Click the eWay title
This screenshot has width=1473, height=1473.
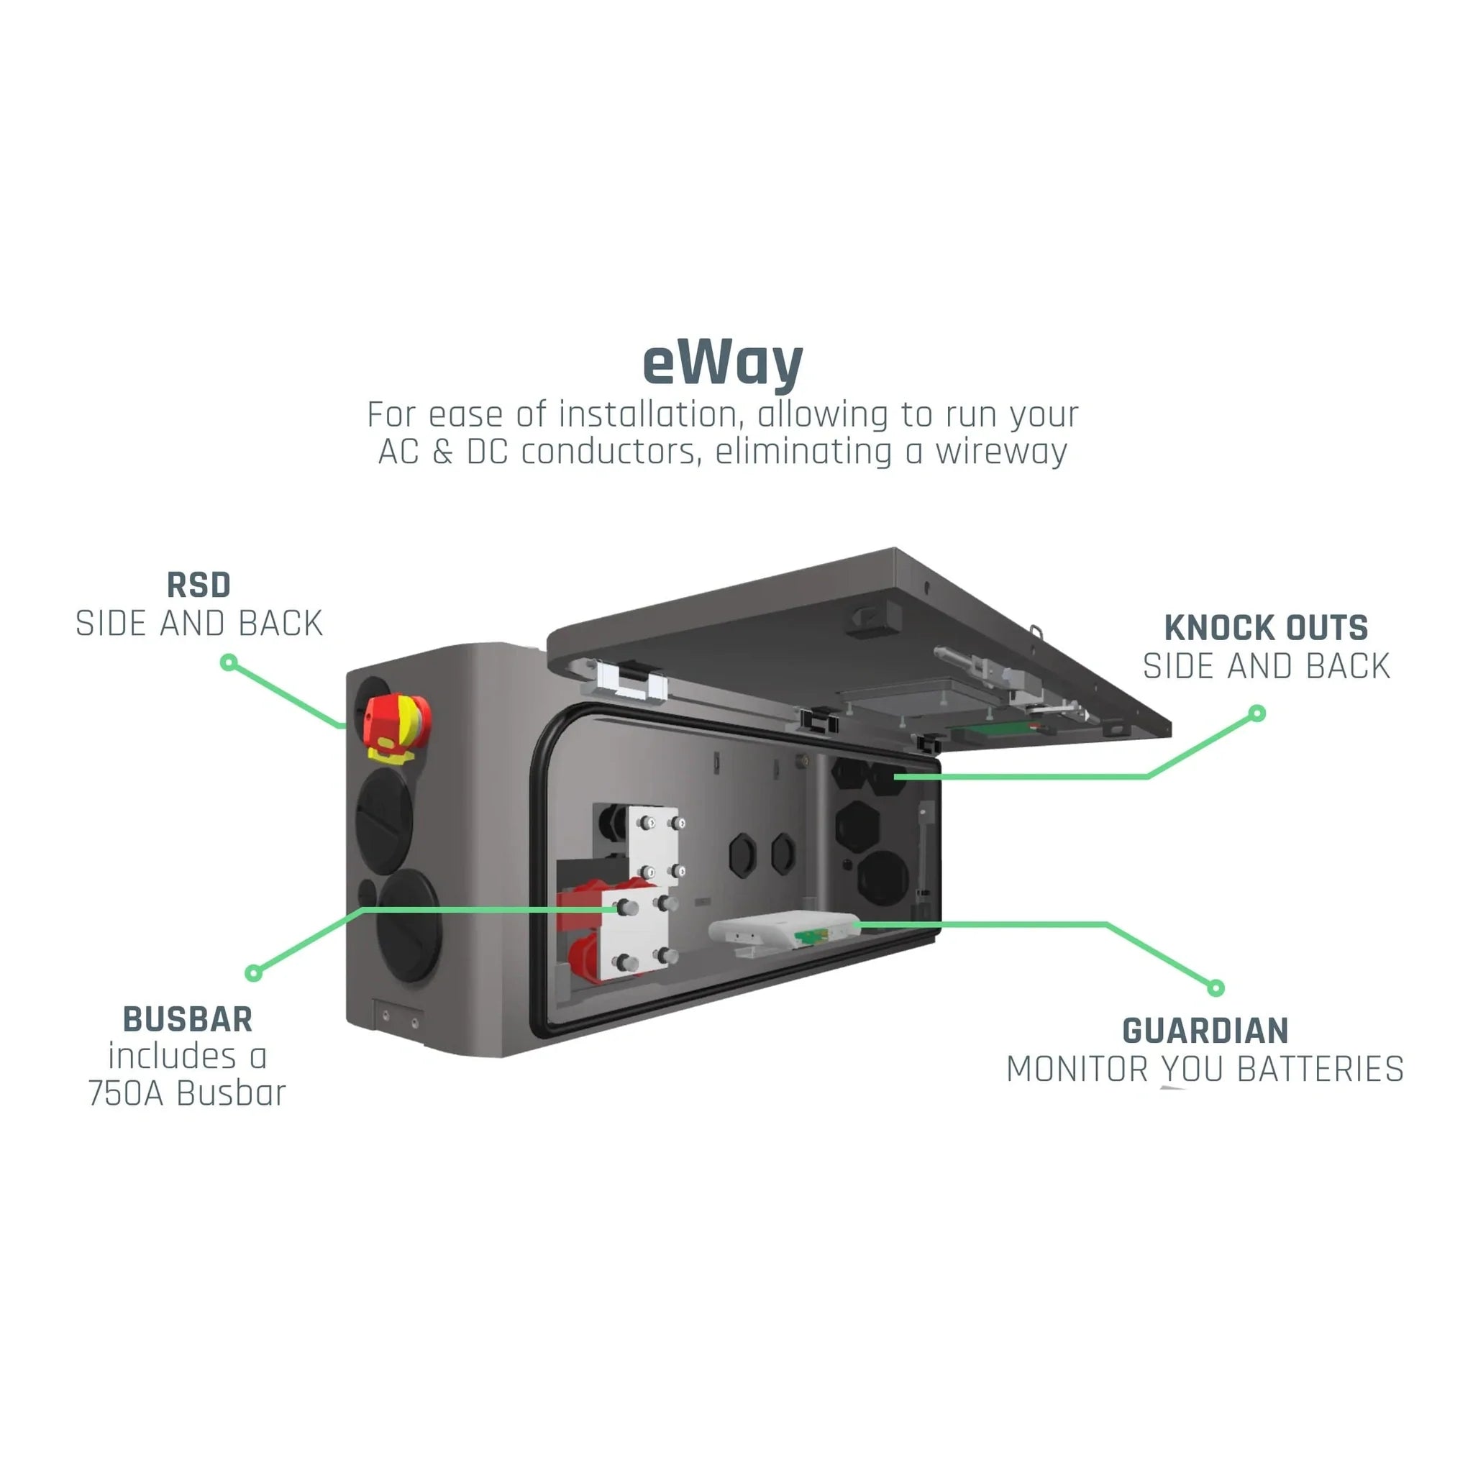(722, 364)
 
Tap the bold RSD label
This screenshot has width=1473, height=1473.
(199, 585)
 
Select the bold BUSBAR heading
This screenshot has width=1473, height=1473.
(188, 1019)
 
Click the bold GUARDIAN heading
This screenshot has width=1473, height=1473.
(1205, 1031)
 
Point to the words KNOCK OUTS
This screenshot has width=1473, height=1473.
(1266, 628)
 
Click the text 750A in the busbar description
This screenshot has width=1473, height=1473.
(126, 1093)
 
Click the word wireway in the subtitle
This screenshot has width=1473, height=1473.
(1001, 452)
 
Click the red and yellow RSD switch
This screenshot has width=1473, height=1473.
(396, 724)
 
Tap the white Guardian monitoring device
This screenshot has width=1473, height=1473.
(782, 930)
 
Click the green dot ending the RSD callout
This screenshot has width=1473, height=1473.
(228, 662)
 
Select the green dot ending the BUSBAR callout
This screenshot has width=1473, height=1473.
(254, 973)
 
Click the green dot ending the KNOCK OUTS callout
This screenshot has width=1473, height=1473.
(1257, 713)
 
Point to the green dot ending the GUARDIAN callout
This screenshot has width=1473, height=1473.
(1216, 988)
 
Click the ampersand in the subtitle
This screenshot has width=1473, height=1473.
(442, 452)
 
